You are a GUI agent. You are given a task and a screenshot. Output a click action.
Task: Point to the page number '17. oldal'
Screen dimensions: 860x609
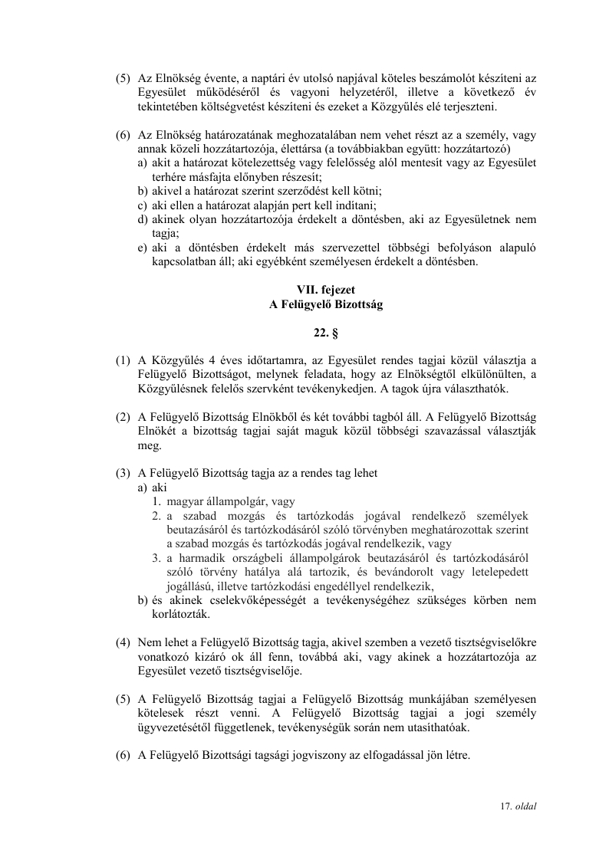coord(518,806)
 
